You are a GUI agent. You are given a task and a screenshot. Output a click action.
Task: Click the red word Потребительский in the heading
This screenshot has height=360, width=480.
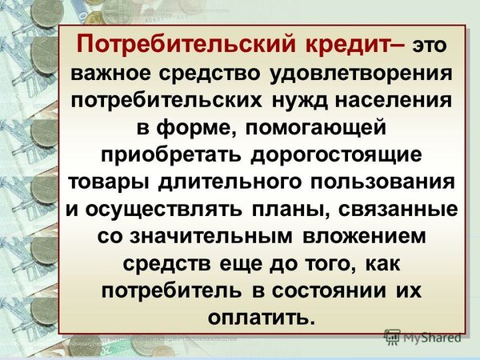[186, 44]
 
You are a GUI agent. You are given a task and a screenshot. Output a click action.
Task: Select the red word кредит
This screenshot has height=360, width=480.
[351, 45]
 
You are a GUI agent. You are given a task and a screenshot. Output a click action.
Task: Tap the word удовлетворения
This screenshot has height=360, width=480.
[361, 74]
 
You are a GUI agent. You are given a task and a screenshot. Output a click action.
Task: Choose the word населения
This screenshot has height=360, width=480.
[394, 101]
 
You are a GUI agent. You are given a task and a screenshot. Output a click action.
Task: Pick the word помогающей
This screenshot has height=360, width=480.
[316, 128]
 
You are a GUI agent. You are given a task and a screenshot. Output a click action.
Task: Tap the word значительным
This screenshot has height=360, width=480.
[210, 237]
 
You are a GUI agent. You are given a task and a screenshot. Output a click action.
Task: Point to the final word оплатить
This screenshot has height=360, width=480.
[261, 318]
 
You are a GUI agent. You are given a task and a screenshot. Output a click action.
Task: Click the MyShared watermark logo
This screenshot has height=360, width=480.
[422, 338]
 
